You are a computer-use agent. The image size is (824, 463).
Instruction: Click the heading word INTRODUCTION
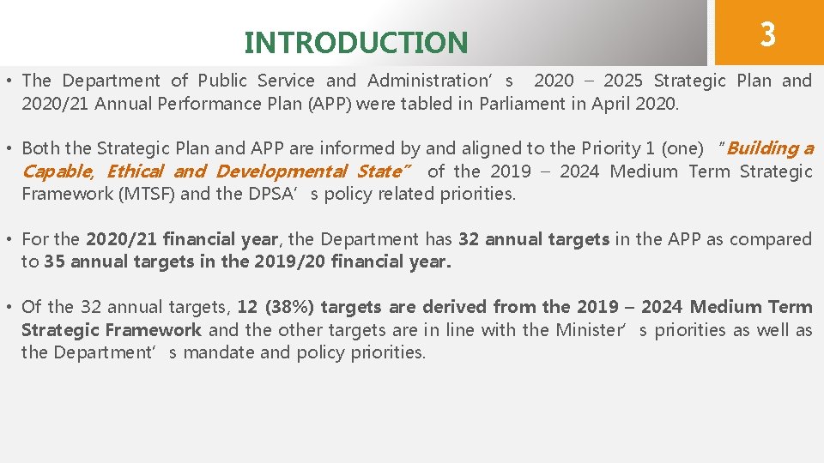tap(356, 42)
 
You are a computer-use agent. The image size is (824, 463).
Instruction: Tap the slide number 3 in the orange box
tap(767, 34)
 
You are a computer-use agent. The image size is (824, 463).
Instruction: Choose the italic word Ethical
tap(136, 171)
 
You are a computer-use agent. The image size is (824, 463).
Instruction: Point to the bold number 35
tap(54, 262)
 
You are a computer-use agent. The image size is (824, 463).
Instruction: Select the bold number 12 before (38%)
tap(247, 307)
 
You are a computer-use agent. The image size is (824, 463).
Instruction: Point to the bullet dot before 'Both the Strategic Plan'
tap(8, 148)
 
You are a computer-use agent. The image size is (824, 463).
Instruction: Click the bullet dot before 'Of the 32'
tap(8, 307)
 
